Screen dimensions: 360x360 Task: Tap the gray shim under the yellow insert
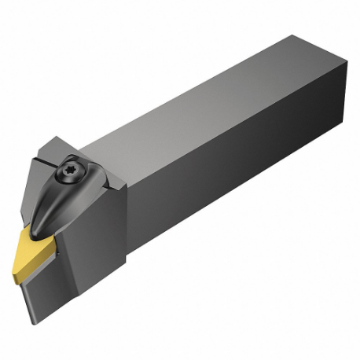click(59, 248)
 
